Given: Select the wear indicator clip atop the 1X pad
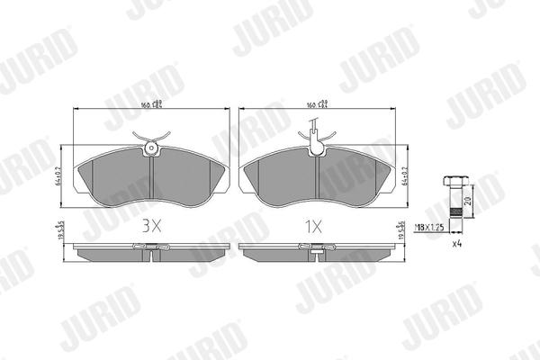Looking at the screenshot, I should (x=315, y=140).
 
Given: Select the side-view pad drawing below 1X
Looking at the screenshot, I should (x=315, y=251).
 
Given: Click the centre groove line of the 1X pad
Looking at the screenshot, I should (x=315, y=180).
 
